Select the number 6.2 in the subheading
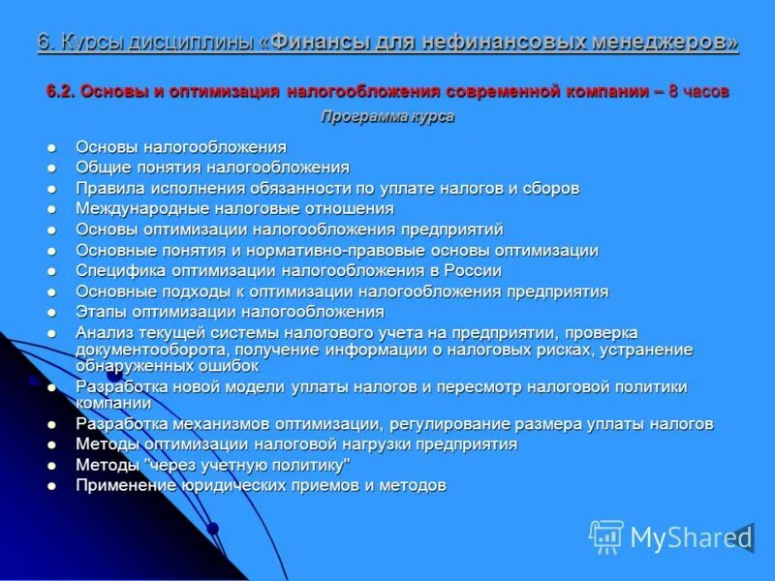(61, 92)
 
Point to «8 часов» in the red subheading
(698, 92)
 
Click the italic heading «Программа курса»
(387, 116)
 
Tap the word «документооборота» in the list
(139, 350)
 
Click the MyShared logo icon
(606, 535)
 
